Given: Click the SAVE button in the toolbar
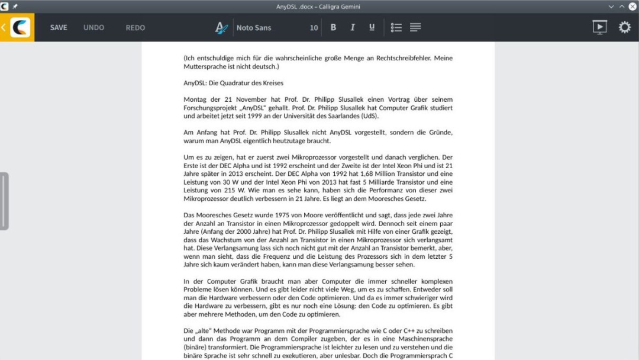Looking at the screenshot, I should [x=59, y=28].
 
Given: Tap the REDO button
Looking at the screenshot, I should [x=135, y=28].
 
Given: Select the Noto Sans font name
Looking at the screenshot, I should [x=254, y=28].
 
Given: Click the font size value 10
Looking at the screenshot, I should [x=314, y=28].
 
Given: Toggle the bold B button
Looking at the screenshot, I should [x=333, y=27].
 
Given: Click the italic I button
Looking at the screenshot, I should [x=353, y=27].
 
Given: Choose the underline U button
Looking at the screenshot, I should [x=372, y=27].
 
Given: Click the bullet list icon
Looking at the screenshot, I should [x=396, y=28].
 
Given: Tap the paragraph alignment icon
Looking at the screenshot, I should [x=415, y=28].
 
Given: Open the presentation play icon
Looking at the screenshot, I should [x=599, y=27].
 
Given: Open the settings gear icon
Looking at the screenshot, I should [x=625, y=27].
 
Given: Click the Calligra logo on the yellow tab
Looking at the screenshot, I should [x=20, y=27].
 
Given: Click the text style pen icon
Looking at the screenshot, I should [x=221, y=28].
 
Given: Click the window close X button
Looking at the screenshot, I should [x=632, y=7].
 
